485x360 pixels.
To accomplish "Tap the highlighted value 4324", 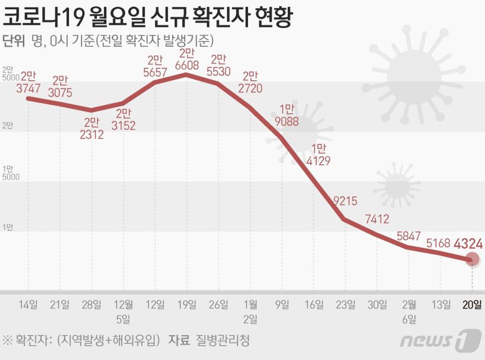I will click(468, 242).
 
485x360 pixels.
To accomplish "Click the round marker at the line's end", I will click(472, 260).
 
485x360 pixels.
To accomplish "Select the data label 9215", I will click(346, 201).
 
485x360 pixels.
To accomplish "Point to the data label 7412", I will click(377, 218).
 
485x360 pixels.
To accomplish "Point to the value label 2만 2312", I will click(91, 127).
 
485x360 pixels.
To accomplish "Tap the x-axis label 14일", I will click(28, 304).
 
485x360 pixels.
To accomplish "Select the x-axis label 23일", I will click(346, 304).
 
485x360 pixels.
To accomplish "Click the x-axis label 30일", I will click(377, 304).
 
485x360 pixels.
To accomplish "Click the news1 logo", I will click(441, 340).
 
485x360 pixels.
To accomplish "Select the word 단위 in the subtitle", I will click(14, 41).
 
